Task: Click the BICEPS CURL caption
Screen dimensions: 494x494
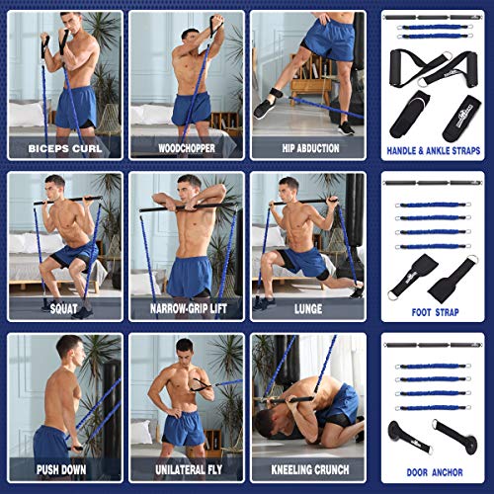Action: click(65, 151)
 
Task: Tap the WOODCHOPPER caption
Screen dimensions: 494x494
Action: click(187, 151)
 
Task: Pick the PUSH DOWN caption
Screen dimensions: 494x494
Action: click(65, 470)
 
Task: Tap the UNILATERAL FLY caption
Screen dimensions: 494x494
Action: click(187, 470)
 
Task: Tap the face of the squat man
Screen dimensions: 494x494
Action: click(55, 187)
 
